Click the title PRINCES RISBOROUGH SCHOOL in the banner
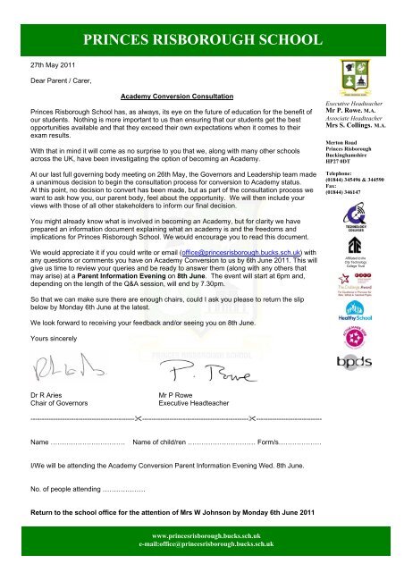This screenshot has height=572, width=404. pyautogui.click(x=201, y=38)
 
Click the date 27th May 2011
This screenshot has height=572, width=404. pyautogui.click(x=45, y=66)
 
